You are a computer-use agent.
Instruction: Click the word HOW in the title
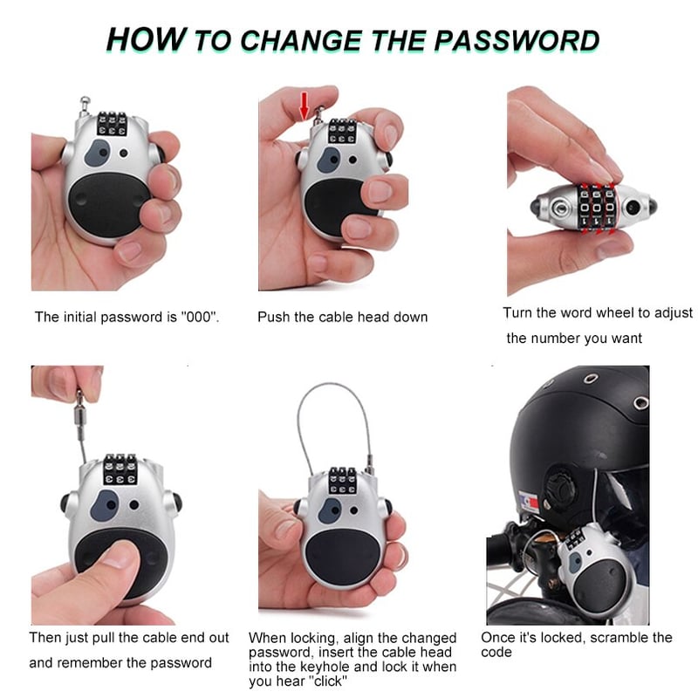[x=146, y=39]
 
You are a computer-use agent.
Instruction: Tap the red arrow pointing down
[x=304, y=106]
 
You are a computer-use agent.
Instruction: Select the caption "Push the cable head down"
[x=342, y=317]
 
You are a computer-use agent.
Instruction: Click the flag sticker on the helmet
[x=529, y=501]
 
